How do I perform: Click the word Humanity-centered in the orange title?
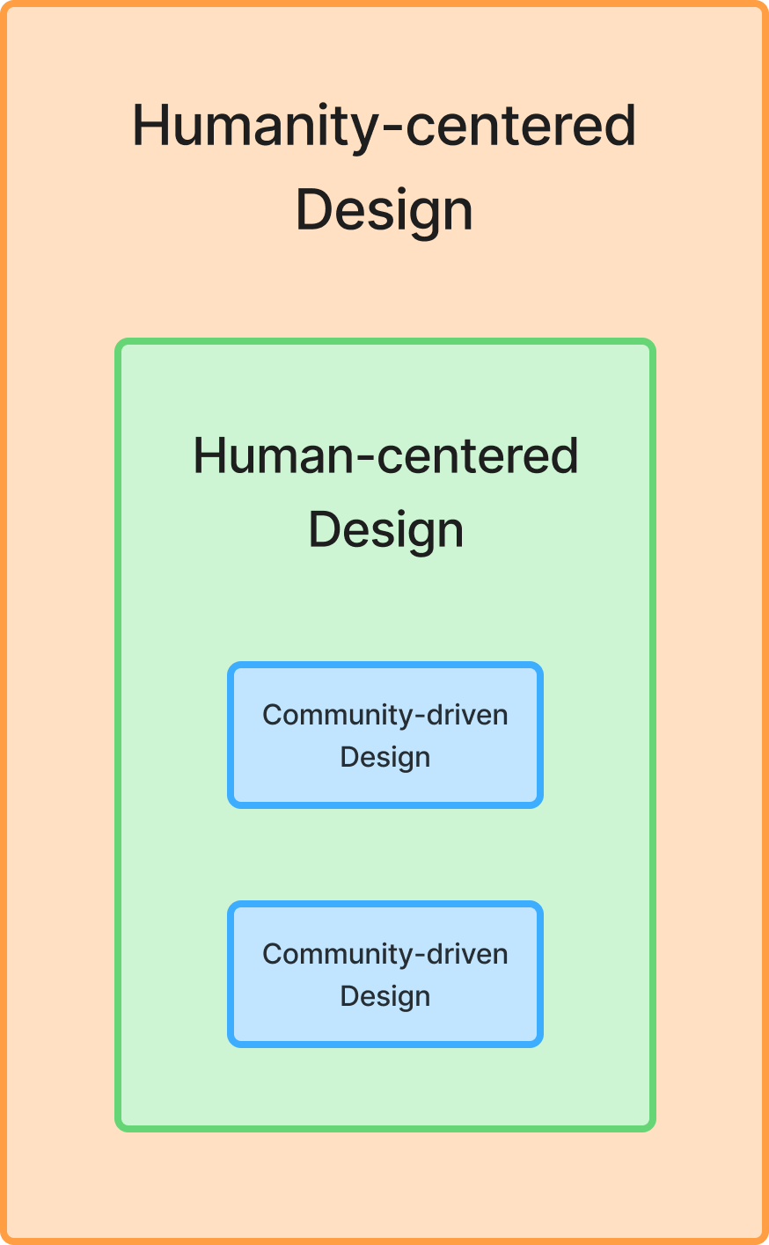(x=384, y=126)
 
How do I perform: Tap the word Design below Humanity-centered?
(x=384, y=210)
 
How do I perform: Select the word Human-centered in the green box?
(x=385, y=456)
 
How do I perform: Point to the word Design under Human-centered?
(x=385, y=530)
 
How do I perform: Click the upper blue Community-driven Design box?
(x=385, y=735)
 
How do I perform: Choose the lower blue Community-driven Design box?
(x=385, y=974)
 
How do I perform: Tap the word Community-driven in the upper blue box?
(x=385, y=715)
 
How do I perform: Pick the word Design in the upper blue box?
(x=385, y=757)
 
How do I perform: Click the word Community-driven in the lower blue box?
(x=385, y=954)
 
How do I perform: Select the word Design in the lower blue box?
(x=385, y=996)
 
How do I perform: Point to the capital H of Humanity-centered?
(x=149, y=126)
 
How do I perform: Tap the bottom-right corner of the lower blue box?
(x=538, y=1043)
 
